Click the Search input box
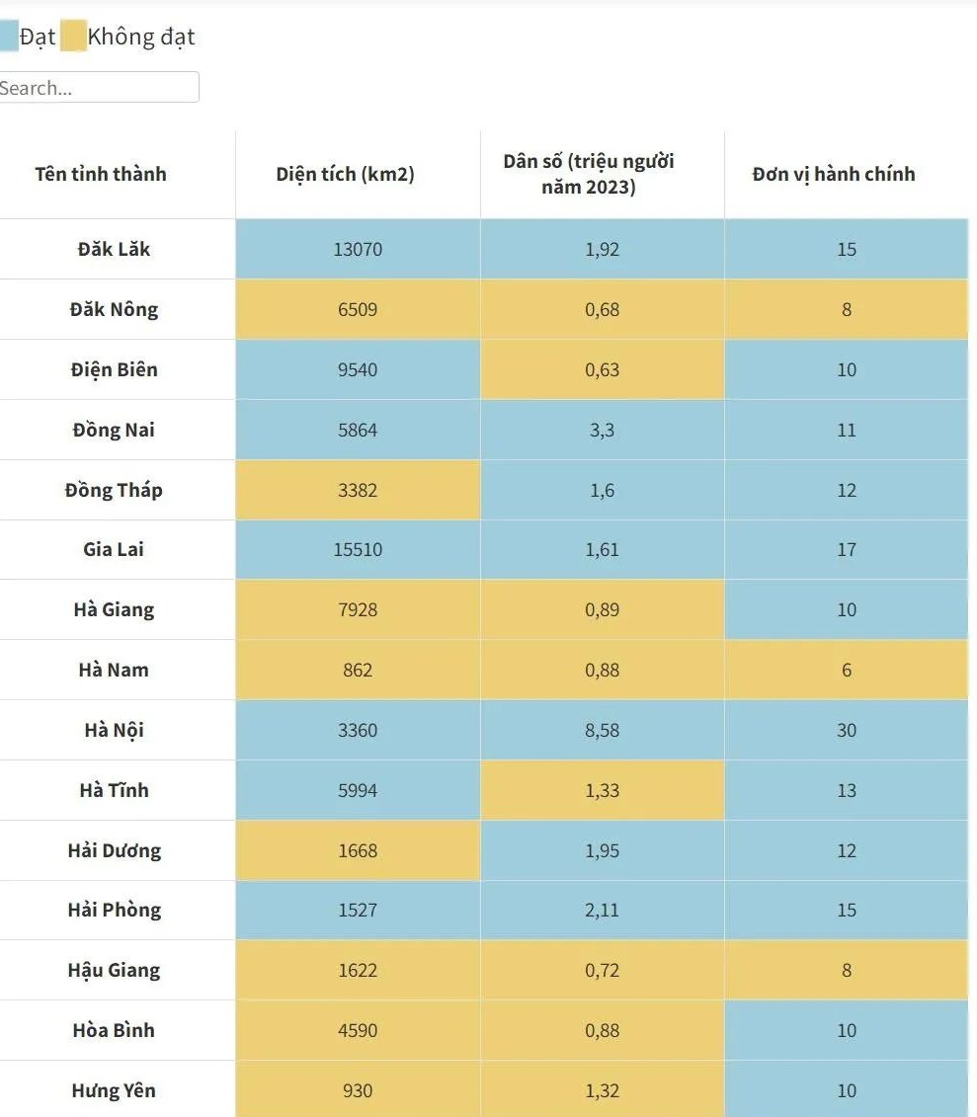point(99,87)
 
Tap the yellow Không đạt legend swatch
point(73,38)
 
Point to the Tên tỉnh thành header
point(101,174)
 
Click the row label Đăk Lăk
point(114,249)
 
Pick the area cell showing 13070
point(358,249)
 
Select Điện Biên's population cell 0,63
point(602,369)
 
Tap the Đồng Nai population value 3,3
point(602,430)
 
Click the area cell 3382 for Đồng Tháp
point(358,490)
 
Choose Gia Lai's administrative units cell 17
point(847,549)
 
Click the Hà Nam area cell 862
point(358,670)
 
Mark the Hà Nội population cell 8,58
point(602,730)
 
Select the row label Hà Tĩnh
point(114,790)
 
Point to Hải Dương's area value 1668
point(358,850)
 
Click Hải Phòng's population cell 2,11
point(602,910)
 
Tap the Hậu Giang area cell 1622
point(358,970)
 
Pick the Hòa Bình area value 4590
point(358,1030)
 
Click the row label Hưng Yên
point(114,1090)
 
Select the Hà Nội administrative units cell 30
point(847,730)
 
